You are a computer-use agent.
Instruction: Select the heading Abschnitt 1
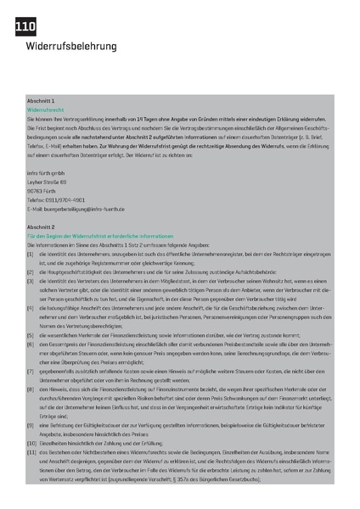(41, 101)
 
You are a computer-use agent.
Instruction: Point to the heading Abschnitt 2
(41, 226)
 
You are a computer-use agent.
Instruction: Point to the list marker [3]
(31, 280)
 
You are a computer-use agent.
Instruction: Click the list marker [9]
(31, 422)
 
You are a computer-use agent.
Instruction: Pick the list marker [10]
(31, 439)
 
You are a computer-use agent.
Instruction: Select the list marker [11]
(31, 449)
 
